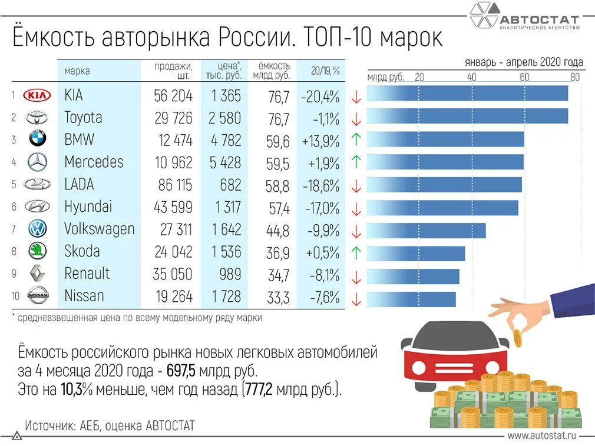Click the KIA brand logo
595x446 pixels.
37,95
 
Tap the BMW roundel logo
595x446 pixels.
37,139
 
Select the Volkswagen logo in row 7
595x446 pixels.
37,229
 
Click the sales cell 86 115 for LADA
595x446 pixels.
175,185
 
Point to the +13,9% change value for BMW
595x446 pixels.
320,141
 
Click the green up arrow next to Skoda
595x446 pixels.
355,252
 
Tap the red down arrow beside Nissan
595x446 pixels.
355,298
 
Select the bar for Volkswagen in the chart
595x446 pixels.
426,230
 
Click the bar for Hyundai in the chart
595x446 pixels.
442,208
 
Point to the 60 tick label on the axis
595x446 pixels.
524,77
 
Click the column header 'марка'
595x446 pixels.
77,71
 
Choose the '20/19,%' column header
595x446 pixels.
325,71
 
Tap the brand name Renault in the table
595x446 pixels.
87,274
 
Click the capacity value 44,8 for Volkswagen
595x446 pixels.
279,230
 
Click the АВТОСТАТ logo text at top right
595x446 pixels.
538,20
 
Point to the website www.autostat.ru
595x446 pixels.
541,435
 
